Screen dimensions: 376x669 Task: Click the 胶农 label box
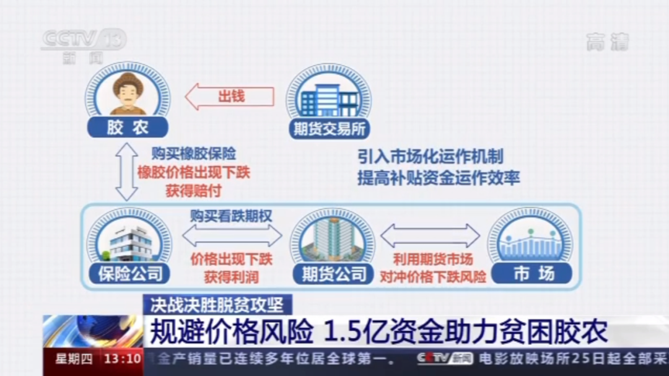coord(127,128)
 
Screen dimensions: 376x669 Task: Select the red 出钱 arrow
coord(230,97)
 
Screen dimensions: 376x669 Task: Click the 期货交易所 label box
coord(329,129)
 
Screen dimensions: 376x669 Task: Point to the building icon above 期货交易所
coord(328,96)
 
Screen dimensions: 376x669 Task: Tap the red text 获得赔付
coord(193,191)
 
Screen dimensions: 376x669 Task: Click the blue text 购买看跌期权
coord(230,216)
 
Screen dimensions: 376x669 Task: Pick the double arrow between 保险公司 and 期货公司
coord(231,236)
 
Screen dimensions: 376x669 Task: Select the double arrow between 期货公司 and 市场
coord(430,236)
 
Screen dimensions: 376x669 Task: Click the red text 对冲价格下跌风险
coord(432,276)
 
